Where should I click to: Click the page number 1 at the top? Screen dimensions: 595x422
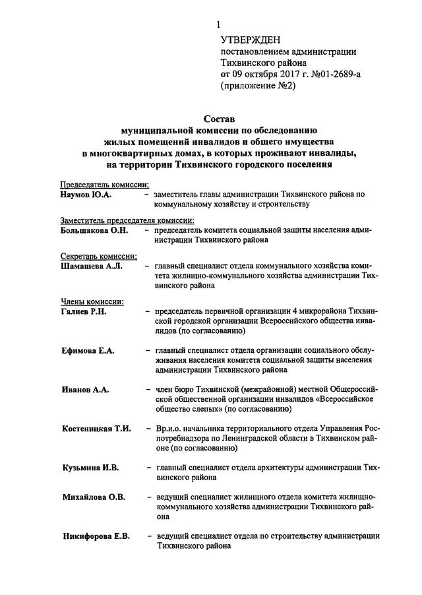[218, 25]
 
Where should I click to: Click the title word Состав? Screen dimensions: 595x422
[217, 119]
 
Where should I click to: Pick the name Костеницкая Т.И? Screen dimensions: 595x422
[96, 429]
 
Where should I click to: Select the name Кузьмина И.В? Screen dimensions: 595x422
[90, 468]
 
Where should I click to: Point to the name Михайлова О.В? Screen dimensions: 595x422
[94, 497]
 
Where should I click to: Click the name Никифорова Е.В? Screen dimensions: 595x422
[96, 536]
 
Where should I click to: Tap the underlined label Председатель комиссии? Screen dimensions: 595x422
[104, 185]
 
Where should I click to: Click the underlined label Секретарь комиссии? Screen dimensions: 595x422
[99, 257]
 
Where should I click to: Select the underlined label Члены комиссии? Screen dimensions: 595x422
[92, 301]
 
